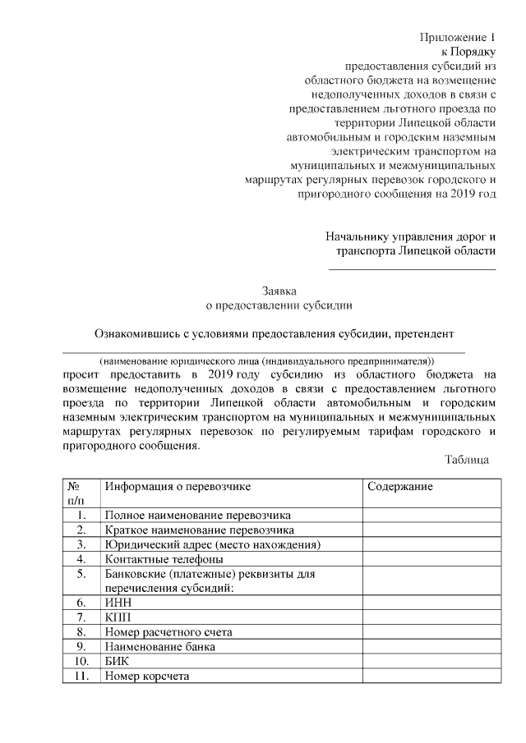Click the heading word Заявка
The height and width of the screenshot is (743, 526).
(x=279, y=291)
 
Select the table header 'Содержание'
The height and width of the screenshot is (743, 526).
(x=400, y=487)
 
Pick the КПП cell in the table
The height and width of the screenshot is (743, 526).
(x=118, y=617)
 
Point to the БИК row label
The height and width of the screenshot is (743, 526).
(x=118, y=661)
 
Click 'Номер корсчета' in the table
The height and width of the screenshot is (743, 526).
(x=147, y=676)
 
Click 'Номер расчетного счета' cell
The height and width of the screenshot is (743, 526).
(x=168, y=632)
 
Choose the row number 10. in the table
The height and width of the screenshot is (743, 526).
(x=81, y=661)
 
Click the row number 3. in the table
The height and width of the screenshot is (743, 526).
(x=81, y=544)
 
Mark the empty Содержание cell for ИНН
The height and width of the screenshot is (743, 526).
(x=431, y=603)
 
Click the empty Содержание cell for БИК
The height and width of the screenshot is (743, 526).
(x=431, y=661)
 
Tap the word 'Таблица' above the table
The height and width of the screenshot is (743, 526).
(x=467, y=460)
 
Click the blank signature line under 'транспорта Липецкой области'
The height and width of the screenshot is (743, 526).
(x=413, y=269)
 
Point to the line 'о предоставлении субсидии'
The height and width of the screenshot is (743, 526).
(x=279, y=305)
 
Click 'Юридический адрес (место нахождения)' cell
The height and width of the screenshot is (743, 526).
(x=212, y=544)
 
